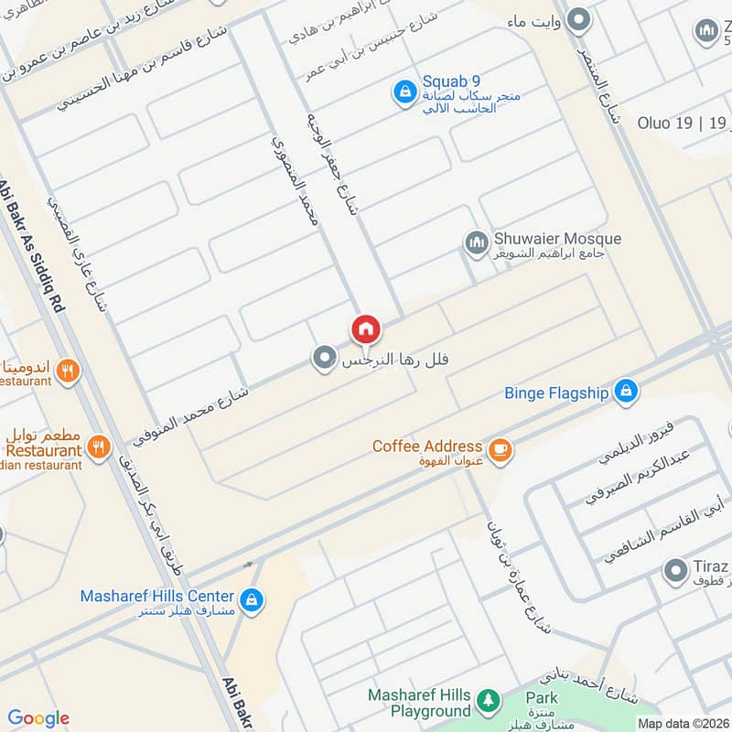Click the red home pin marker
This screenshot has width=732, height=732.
point(365,329)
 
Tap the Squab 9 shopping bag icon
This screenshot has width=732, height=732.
point(404,92)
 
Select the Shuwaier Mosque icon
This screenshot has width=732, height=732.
point(475,243)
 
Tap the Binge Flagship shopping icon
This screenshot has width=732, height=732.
point(625,392)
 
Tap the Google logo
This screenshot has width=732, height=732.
point(38,718)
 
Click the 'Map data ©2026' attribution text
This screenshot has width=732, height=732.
point(682,723)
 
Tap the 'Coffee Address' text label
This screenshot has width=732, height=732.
point(426,447)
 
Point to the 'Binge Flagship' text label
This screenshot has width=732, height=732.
point(556,393)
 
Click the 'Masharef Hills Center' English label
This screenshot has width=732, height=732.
point(157,596)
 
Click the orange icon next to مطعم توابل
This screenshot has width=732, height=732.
point(99,447)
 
